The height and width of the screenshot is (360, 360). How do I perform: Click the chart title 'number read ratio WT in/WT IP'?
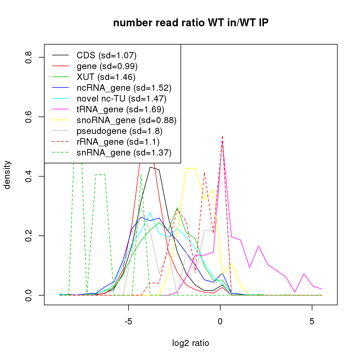[191, 23]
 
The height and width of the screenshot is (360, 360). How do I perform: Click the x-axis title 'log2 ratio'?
[191, 343]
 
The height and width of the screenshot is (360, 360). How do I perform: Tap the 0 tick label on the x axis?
[220, 321]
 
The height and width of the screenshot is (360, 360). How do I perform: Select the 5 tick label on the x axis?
[312, 321]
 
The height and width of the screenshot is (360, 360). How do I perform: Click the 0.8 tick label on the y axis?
[29, 58]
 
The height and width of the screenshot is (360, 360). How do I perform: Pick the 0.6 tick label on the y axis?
[29, 117]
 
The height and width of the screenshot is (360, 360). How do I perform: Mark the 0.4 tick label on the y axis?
[29, 176]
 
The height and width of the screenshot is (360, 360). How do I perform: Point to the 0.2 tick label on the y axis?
[29, 236]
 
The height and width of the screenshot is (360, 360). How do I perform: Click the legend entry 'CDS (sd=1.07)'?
[107, 55]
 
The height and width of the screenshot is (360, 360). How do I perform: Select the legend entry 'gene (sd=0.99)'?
[107, 66]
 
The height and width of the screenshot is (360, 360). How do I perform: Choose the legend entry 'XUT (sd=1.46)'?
[106, 77]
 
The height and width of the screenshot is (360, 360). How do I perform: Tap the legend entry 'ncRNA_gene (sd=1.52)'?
[124, 88]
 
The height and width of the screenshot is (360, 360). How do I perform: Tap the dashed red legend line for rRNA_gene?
[61, 142]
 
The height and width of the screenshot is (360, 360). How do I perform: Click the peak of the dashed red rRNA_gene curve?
[222, 136]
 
